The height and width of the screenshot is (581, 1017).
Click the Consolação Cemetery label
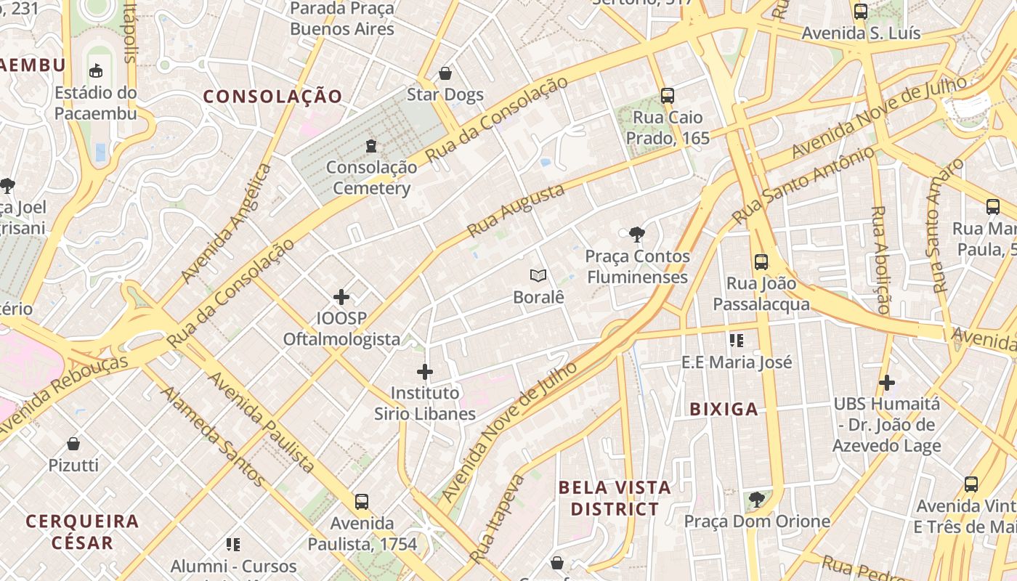click(x=371, y=178)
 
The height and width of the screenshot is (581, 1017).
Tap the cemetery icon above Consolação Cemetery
click(x=371, y=146)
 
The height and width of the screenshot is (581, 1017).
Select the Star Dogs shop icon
click(x=445, y=73)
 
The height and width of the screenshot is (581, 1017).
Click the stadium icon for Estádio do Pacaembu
click(x=95, y=70)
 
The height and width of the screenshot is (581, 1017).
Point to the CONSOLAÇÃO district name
click(x=272, y=97)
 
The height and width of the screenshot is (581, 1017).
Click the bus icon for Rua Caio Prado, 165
click(x=667, y=95)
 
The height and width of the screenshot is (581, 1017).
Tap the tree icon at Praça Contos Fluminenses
click(x=637, y=234)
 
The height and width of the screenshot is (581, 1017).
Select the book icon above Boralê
click(x=538, y=275)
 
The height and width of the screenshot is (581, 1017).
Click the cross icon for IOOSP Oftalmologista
click(x=341, y=296)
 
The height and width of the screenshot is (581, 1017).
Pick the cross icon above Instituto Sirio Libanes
click(x=425, y=372)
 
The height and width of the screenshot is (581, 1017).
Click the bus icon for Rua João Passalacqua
click(x=761, y=261)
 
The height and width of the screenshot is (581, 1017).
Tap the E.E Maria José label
click(x=737, y=362)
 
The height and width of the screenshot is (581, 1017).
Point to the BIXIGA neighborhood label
click(x=724, y=410)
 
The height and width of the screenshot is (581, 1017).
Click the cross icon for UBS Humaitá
click(x=886, y=382)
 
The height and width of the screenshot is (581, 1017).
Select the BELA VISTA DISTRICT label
click(x=615, y=498)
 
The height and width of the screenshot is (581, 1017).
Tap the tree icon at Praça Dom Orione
click(x=757, y=499)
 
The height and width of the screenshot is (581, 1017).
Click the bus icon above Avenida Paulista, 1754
click(x=361, y=501)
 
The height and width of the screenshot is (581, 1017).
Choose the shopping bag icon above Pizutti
click(x=73, y=443)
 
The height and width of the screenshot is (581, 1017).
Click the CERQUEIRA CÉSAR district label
click(x=82, y=532)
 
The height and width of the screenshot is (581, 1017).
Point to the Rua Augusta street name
click(x=516, y=211)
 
